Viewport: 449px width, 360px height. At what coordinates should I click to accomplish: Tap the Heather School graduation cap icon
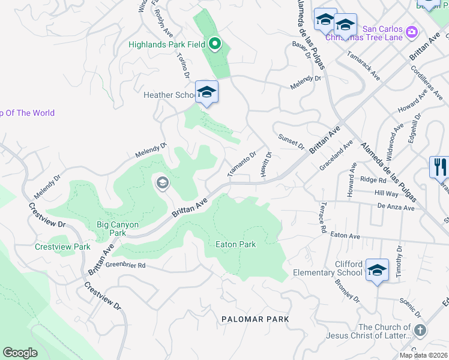click(x=206, y=92)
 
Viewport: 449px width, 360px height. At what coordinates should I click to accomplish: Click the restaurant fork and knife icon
click(x=440, y=166)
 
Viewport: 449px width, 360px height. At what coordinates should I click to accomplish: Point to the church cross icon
click(x=420, y=331)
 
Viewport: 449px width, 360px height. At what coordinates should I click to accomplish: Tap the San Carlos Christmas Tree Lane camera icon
click(x=412, y=31)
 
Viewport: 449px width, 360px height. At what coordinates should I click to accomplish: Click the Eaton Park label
click(x=236, y=244)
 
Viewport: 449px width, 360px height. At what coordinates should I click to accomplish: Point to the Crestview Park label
click(x=62, y=247)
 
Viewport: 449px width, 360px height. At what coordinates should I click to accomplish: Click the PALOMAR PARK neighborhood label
click(x=255, y=319)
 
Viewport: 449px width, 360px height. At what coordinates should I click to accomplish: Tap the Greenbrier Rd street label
click(x=125, y=265)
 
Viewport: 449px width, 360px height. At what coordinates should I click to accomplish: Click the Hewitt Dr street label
click(x=267, y=163)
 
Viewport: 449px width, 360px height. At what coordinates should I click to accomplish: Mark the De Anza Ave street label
click(x=396, y=208)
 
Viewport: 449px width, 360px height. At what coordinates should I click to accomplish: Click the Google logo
click(x=20, y=353)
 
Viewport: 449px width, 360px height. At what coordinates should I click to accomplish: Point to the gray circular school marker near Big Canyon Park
click(x=162, y=183)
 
